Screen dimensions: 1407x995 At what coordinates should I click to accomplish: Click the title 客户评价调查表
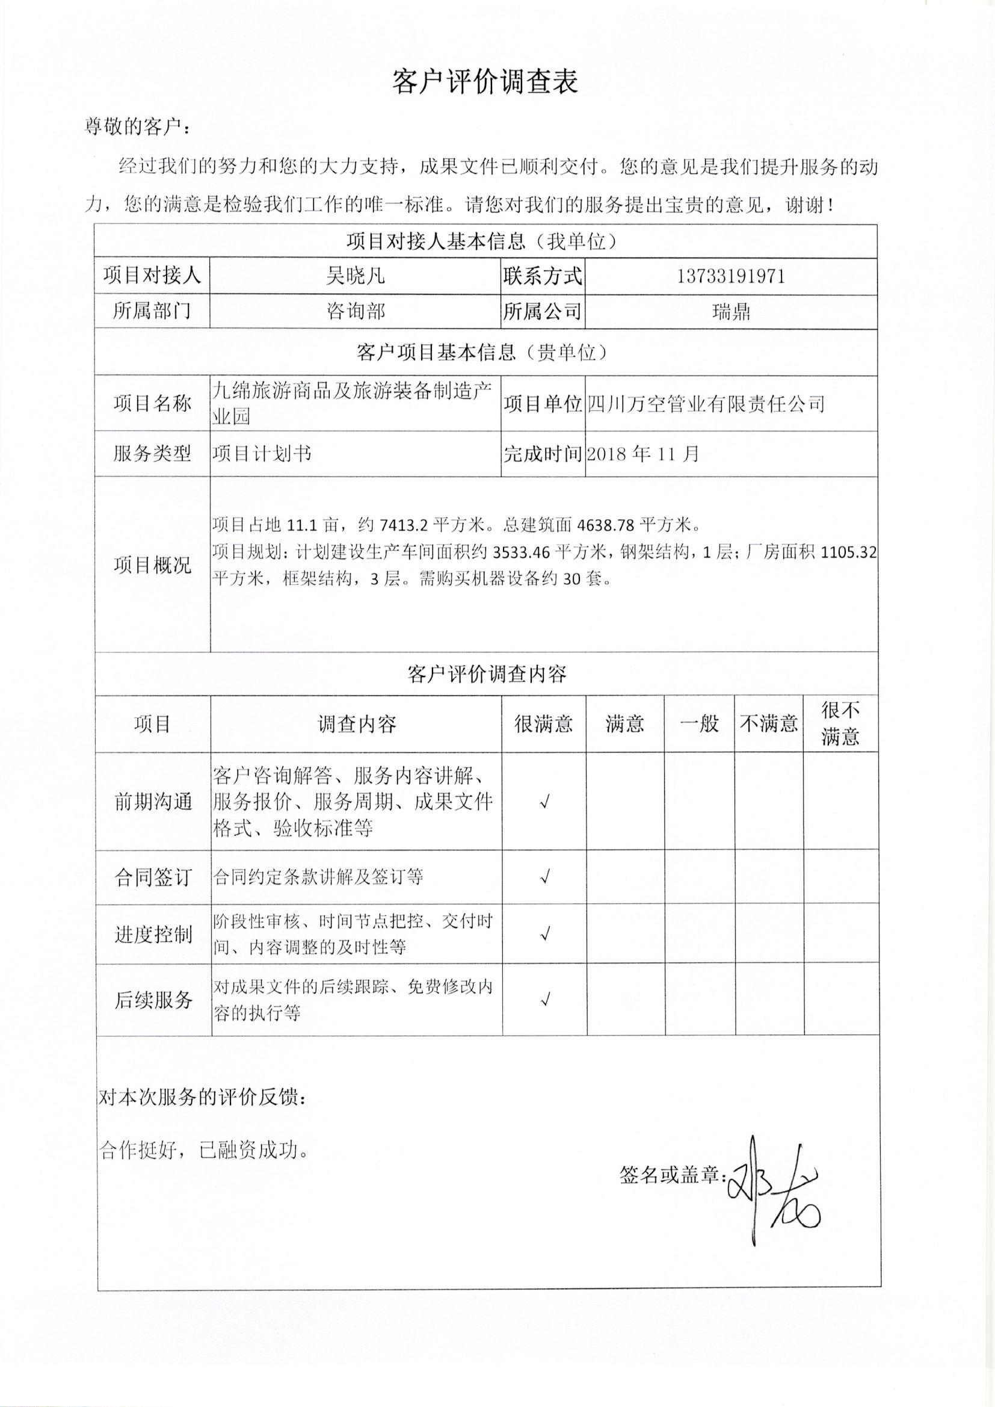(485, 82)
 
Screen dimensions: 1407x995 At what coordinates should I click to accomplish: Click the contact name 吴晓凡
(356, 276)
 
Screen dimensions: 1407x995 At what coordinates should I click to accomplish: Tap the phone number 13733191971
(731, 276)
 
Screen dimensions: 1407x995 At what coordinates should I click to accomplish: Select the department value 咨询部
(356, 311)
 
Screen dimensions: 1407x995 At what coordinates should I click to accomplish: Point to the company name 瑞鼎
(731, 312)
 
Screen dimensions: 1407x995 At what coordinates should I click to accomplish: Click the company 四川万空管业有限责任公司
(706, 404)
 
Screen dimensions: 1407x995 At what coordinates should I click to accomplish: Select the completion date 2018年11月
(642, 454)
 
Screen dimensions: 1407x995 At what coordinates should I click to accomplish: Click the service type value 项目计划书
(262, 454)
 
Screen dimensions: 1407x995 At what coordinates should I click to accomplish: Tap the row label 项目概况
(152, 564)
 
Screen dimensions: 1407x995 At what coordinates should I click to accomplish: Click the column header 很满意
(543, 725)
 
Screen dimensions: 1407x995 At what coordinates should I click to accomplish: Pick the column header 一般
(699, 725)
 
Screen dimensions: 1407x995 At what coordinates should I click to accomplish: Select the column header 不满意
(769, 725)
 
